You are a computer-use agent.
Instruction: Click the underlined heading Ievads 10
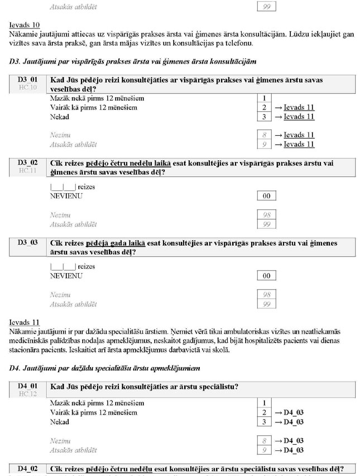pyautogui.click(x=25, y=26)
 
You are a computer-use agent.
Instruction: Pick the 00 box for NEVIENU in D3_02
pyautogui.click(x=266, y=196)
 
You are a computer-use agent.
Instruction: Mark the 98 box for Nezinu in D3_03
pyautogui.click(x=266, y=294)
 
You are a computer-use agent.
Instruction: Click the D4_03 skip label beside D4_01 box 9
pyautogui.click(x=293, y=450)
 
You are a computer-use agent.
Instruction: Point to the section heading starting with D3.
pyautogui.click(x=133, y=60)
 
